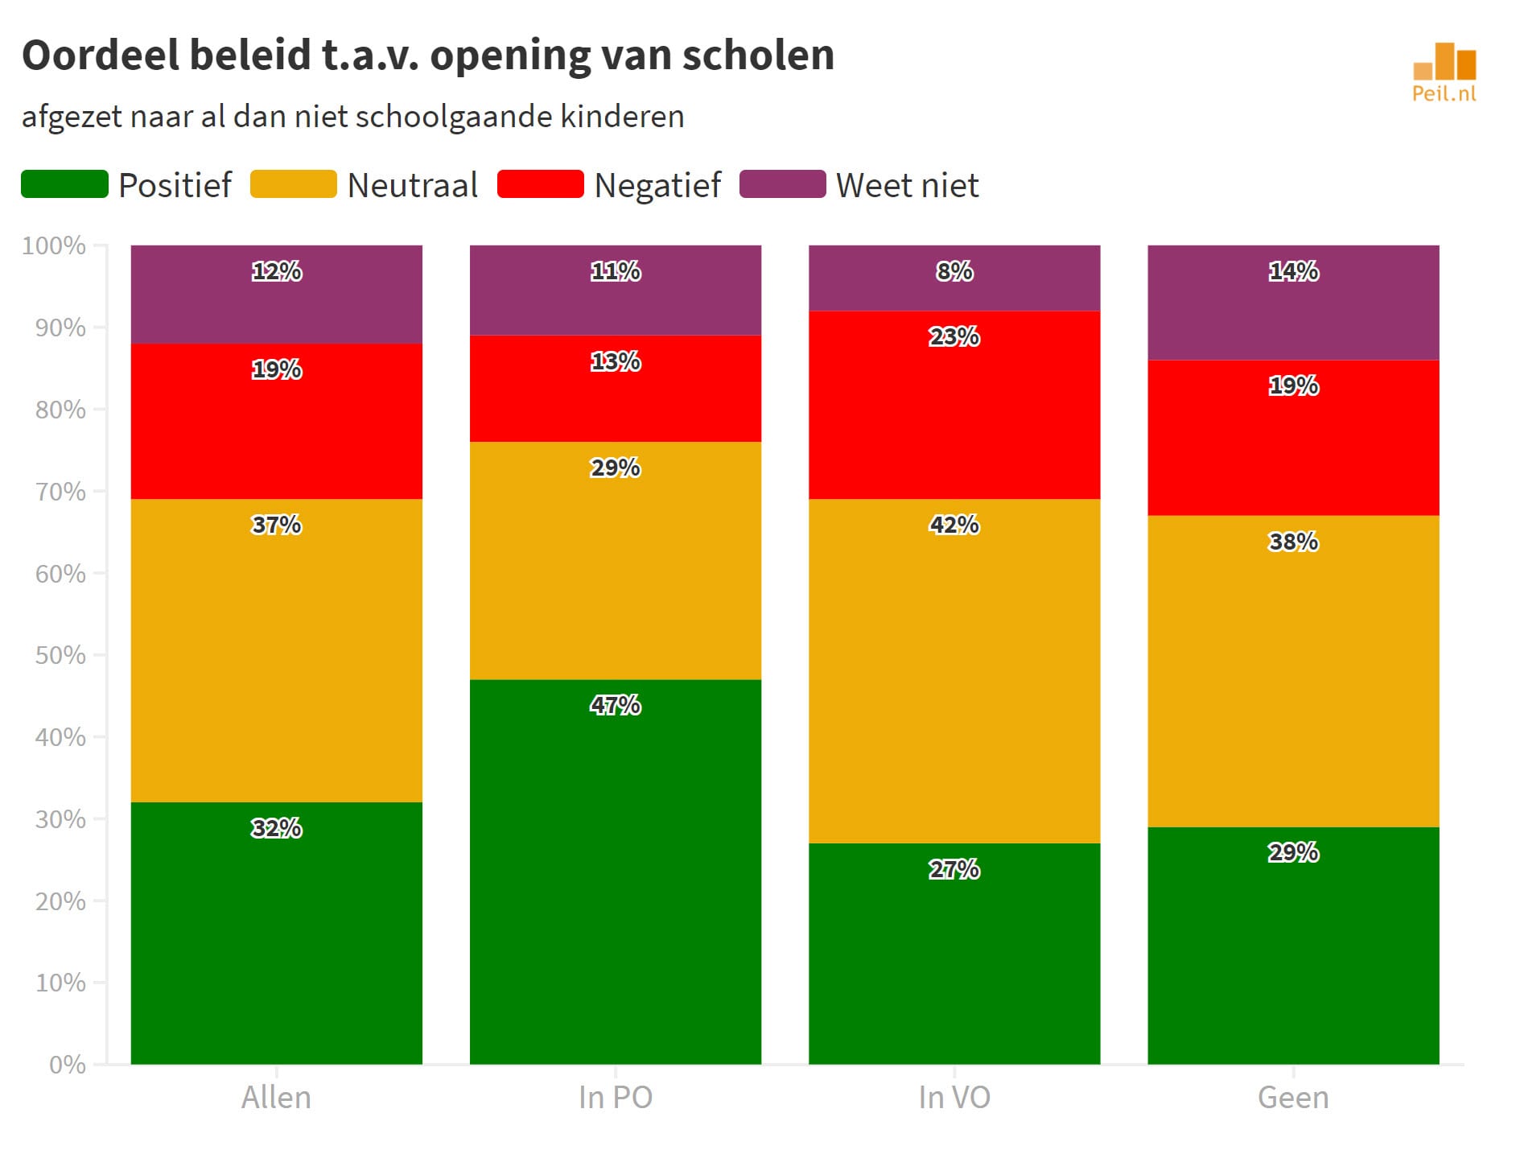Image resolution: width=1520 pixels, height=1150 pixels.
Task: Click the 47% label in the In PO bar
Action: coord(615,705)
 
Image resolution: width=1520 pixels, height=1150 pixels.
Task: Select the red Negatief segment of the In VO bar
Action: coord(954,418)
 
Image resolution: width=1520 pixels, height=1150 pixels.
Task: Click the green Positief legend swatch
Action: coord(64,184)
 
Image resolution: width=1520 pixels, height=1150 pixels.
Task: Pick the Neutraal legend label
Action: coord(412,185)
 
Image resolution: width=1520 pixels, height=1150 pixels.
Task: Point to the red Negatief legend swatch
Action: coord(540,184)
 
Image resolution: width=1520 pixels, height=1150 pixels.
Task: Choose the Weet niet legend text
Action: coord(907,185)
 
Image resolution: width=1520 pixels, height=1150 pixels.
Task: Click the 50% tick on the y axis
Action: coord(60,655)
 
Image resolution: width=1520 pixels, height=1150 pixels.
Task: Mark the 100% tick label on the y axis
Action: coord(54,245)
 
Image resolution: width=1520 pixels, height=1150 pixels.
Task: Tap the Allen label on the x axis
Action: coord(276,1098)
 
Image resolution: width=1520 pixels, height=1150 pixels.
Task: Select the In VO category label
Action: coord(954,1098)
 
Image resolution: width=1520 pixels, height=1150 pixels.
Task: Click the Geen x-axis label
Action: coord(1292,1098)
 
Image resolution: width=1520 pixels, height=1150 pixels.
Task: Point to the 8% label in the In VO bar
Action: coord(954,271)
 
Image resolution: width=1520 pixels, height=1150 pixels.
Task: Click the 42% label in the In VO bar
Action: coord(954,525)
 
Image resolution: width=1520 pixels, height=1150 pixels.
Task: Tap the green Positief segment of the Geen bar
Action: coord(1292,958)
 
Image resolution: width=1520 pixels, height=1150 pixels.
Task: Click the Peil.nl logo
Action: coord(1444,72)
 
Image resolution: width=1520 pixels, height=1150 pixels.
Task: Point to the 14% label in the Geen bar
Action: coord(1293,271)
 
